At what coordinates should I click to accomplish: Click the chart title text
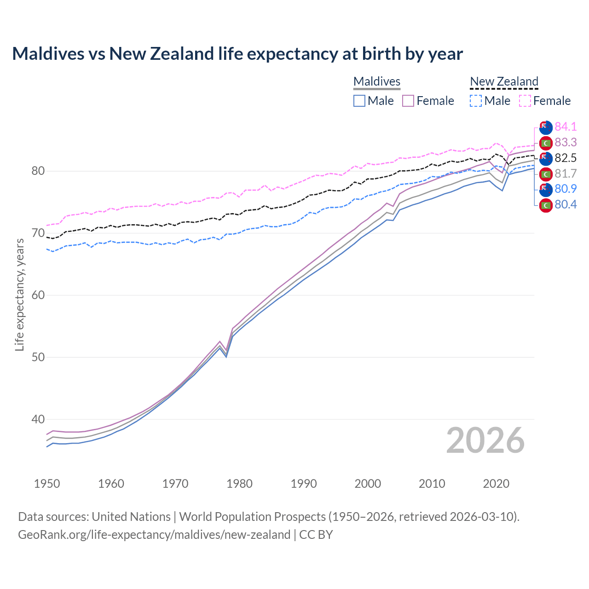[237, 54]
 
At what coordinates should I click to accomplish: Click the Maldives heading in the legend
[377, 81]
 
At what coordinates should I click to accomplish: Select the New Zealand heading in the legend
[504, 81]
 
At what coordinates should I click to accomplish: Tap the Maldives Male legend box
[359, 101]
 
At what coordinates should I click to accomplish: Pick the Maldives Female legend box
[408, 101]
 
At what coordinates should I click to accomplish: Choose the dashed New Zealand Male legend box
[476, 101]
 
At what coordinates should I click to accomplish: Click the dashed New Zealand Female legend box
[525, 101]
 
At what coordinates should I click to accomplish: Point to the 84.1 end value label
[566, 127]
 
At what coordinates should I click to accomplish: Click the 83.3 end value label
[566, 142]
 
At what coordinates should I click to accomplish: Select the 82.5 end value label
[566, 158]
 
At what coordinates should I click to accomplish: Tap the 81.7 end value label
[566, 173]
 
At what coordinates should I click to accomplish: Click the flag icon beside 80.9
[546, 189]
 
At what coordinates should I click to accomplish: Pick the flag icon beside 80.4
[546, 205]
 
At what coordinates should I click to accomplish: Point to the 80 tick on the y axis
[38, 171]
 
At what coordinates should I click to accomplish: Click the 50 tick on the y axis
[38, 357]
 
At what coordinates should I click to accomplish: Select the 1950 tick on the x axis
[47, 484]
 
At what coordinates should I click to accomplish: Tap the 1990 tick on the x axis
[304, 484]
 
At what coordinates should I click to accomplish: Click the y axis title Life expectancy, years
[19, 294]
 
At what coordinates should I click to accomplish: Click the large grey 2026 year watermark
[485, 440]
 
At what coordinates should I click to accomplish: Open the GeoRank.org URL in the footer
[154, 534]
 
